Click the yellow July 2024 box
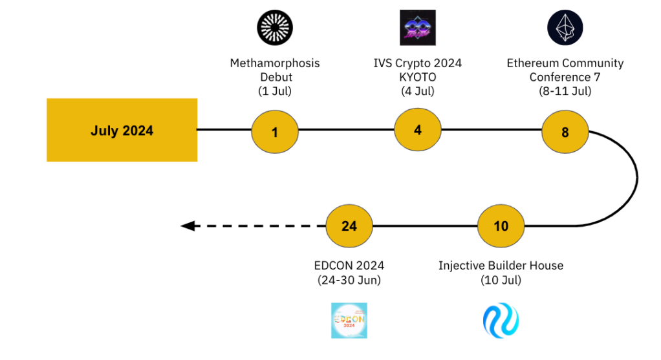[x=122, y=130]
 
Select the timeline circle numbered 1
[x=275, y=132]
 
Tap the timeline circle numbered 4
[x=418, y=130]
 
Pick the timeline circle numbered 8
[x=565, y=132]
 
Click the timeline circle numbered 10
[x=501, y=226]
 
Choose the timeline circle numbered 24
[x=349, y=226]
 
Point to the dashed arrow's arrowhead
[x=188, y=226]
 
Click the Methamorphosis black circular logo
[x=275, y=28]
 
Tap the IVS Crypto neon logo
[x=418, y=28]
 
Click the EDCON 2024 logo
[x=349, y=321]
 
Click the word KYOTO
[x=418, y=78]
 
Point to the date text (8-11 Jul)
[x=565, y=91]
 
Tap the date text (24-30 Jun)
[x=349, y=280]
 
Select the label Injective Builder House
[x=501, y=266]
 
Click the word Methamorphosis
[x=275, y=63]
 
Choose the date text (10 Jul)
[x=501, y=280]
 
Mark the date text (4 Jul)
[x=418, y=91]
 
